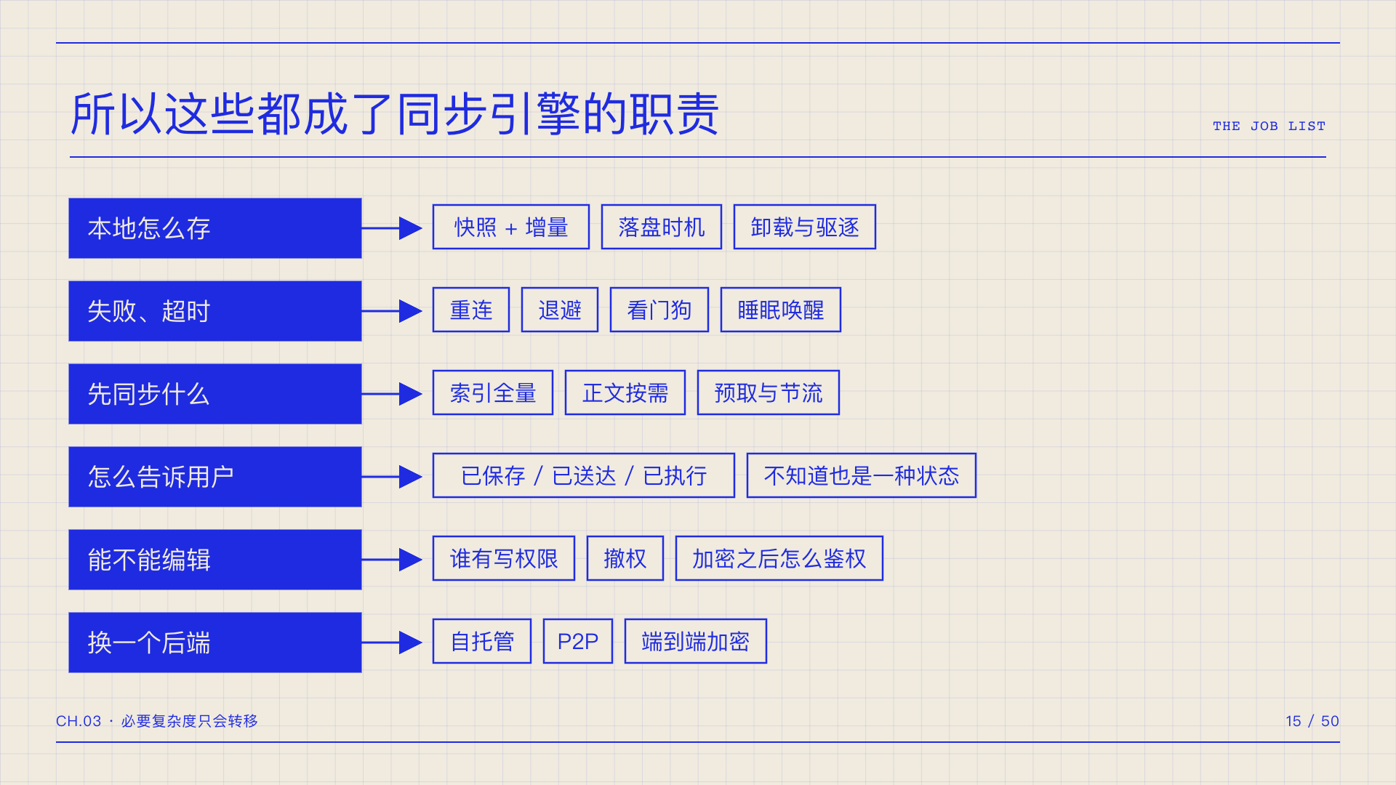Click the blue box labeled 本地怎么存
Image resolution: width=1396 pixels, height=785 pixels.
215,228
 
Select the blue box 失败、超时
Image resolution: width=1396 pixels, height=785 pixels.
215,311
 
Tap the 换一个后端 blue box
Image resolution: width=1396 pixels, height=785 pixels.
215,643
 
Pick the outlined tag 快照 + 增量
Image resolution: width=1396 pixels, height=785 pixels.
511,227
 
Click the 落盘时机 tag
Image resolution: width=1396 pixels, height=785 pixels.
662,227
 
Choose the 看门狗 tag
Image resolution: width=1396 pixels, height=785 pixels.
659,310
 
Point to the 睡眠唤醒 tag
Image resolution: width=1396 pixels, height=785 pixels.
781,310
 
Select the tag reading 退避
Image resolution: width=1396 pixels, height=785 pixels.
560,310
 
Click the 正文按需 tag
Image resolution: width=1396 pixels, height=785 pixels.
625,392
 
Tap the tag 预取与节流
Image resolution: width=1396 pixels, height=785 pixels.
769,392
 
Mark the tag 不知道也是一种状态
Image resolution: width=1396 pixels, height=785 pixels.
862,475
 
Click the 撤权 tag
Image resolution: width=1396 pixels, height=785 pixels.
625,558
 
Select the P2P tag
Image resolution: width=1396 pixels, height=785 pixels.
578,641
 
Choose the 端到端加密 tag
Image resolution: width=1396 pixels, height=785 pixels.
696,641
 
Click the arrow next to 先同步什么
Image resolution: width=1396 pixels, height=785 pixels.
392,394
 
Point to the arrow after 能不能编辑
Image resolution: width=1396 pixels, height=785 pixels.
392,560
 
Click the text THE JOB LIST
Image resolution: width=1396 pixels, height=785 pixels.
1269,126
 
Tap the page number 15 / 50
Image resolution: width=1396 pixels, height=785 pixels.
1312,721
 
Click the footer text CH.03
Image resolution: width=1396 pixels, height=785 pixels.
79,721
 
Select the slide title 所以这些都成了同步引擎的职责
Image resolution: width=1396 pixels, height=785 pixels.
395,114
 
